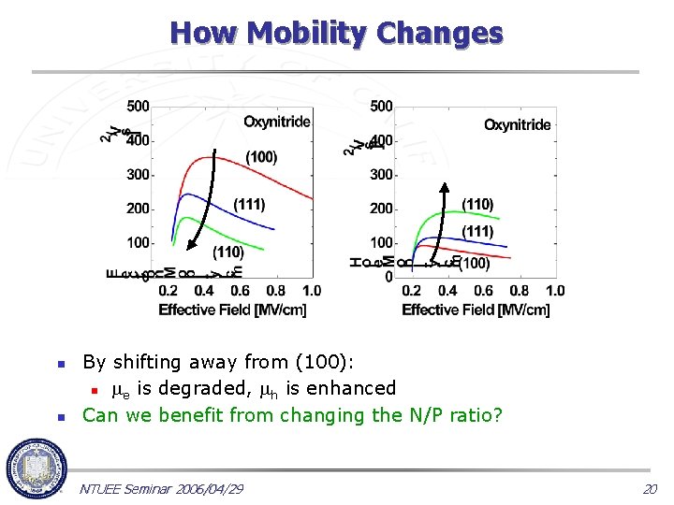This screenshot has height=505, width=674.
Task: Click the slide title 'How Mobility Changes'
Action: coord(336,33)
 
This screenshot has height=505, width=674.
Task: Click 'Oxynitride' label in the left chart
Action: coord(277,122)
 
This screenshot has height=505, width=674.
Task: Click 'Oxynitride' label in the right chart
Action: coord(517,124)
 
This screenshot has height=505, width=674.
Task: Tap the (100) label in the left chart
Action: coord(261,156)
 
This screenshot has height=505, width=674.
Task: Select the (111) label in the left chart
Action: coord(249,204)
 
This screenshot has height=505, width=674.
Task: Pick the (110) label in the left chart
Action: coord(228,252)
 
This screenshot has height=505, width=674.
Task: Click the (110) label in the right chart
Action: coord(477,204)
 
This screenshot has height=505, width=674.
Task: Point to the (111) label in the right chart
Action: coord(477,231)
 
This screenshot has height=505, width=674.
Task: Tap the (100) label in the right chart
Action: coord(473,264)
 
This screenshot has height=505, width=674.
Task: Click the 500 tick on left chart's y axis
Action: coord(138,107)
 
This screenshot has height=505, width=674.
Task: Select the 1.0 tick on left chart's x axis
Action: coord(312,291)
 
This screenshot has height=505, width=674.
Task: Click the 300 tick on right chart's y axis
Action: coord(381,175)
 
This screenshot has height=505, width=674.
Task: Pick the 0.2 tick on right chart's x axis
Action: coord(412,291)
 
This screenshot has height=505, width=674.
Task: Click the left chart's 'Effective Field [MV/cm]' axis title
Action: coord(232,310)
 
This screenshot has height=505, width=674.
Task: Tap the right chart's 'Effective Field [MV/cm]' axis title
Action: coord(476,310)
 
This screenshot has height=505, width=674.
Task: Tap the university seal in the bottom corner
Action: coord(36,470)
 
